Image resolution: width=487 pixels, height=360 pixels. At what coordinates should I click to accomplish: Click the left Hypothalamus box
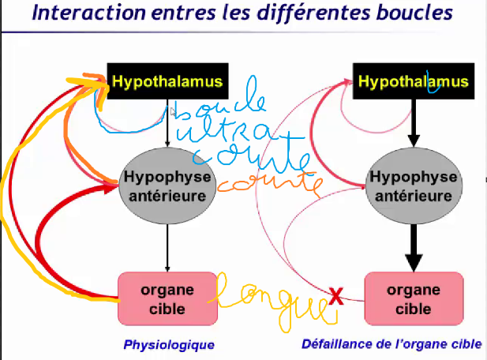(167, 82)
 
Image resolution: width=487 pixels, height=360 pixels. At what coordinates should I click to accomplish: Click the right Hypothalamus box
(414, 82)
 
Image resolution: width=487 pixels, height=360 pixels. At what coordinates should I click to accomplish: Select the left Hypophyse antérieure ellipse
(167, 187)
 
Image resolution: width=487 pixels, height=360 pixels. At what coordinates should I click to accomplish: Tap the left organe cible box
(167, 298)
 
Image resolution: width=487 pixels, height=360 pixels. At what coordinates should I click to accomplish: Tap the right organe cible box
(414, 298)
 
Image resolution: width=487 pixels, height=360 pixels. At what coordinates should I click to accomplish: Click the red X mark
(335, 297)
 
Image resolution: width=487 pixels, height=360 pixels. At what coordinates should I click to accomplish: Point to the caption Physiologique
(169, 345)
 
